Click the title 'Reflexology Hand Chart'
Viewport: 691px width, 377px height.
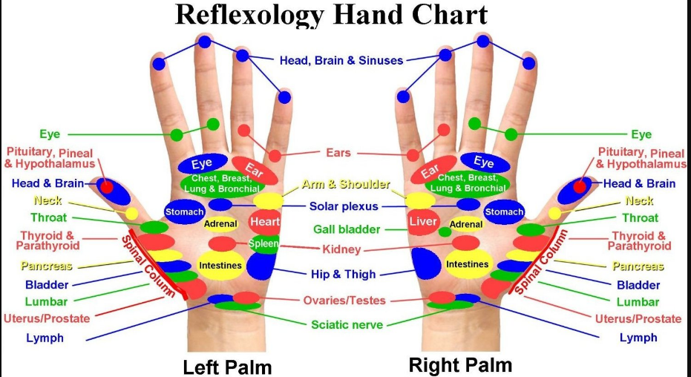[x=330, y=15]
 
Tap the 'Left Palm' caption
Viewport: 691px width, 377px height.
[x=227, y=367]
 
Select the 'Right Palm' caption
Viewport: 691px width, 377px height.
[x=460, y=365]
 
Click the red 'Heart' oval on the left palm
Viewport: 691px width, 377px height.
[x=264, y=222]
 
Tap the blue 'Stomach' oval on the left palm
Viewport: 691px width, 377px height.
[x=184, y=212]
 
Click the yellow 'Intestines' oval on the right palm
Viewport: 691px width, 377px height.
[x=468, y=264]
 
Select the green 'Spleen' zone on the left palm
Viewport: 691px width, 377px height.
[x=263, y=243]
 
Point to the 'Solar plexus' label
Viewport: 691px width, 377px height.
[x=344, y=206]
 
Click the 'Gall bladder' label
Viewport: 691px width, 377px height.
[x=347, y=229]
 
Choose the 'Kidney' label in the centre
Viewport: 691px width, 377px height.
[x=341, y=248]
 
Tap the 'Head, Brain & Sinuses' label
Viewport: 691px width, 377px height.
[x=341, y=60]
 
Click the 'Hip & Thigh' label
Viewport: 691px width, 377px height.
[x=343, y=273]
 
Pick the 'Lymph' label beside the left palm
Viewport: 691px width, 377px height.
[x=45, y=338]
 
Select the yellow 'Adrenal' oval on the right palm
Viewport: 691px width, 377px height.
[x=467, y=223]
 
